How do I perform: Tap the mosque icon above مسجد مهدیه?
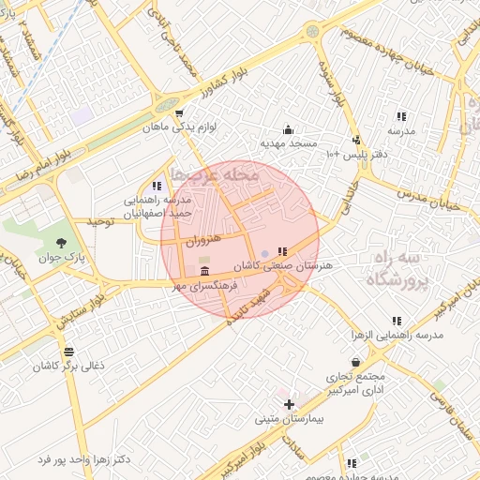(x=288, y=129)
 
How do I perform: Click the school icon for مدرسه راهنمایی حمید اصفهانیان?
(x=156, y=187)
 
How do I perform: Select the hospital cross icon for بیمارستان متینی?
(x=289, y=403)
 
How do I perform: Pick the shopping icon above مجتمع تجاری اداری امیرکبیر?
(x=355, y=362)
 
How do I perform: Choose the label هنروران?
(x=201, y=241)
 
